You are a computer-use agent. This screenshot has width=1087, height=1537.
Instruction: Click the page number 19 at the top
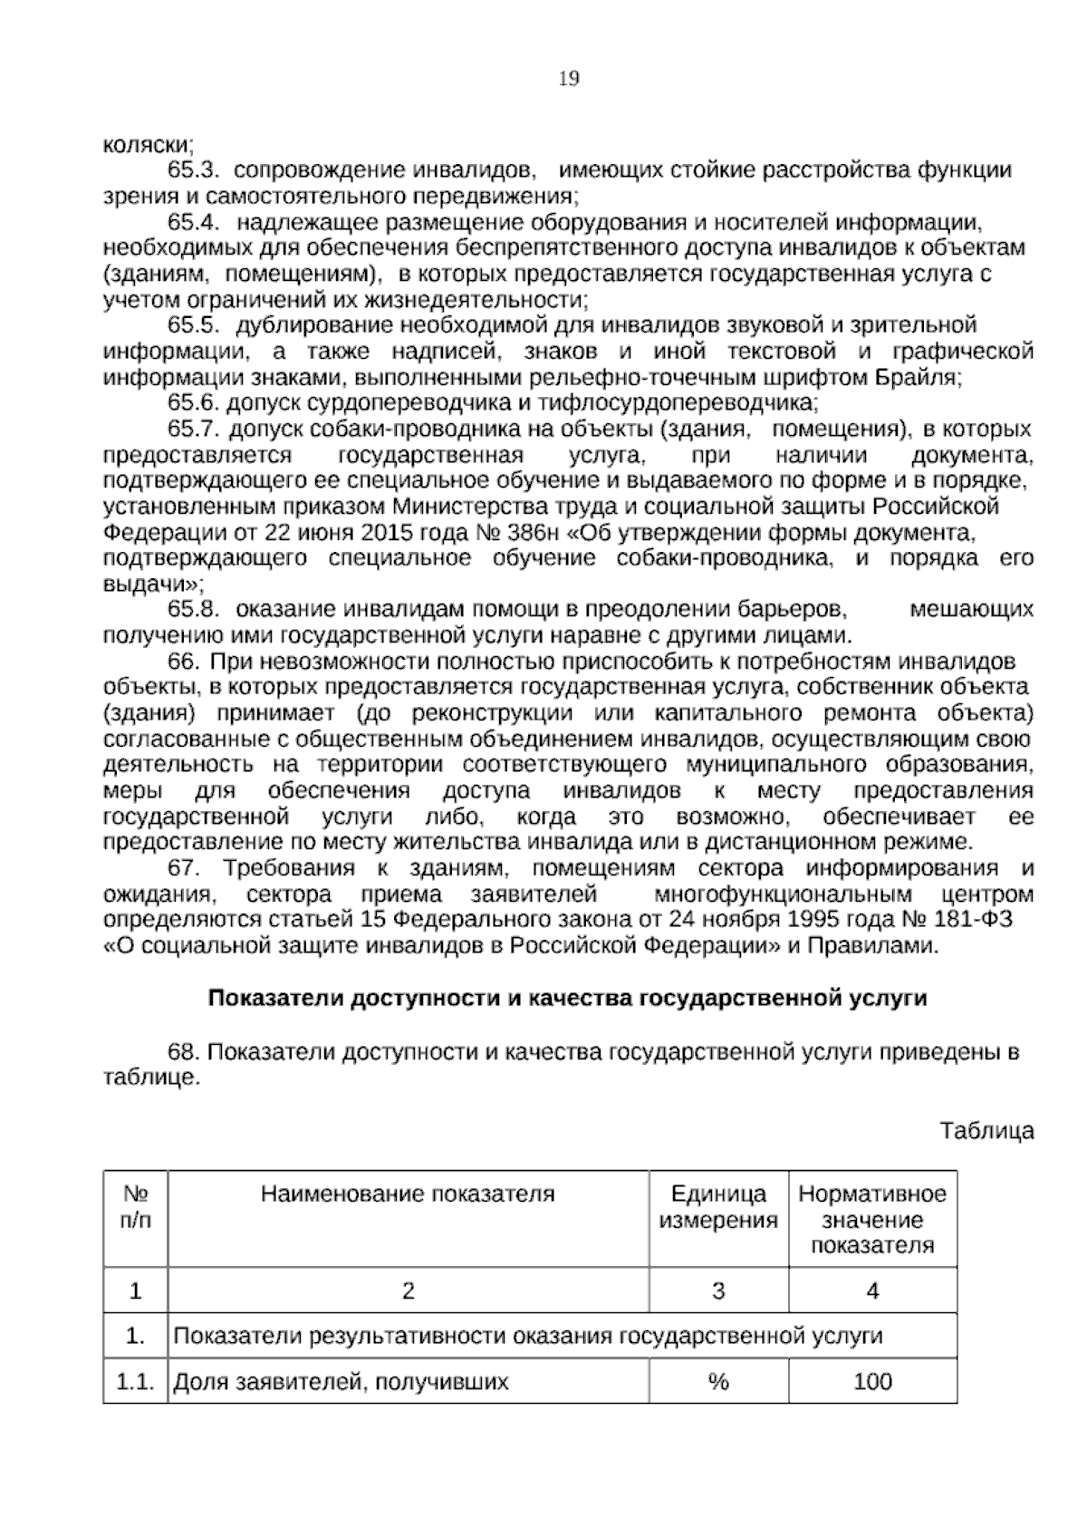click(x=569, y=79)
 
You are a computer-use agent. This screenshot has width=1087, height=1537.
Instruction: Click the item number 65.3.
click(x=195, y=170)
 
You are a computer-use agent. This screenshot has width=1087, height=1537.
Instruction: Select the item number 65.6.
click(x=195, y=402)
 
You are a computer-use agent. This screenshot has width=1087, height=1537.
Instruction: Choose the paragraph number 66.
click(x=184, y=662)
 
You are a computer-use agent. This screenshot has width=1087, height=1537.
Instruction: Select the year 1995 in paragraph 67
click(x=779, y=920)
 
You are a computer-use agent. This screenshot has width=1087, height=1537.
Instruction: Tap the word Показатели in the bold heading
click(x=274, y=999)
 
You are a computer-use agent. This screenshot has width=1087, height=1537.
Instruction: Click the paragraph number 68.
click(x=184, y=1052)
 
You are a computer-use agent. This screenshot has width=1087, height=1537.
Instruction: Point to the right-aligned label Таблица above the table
click(x=986, y=1131)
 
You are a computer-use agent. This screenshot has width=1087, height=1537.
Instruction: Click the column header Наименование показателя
click(x=408, y=1194)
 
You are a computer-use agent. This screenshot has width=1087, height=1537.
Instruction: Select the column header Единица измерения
click(x=718, y=1206)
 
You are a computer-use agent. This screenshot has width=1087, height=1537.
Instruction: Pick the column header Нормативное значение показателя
click(x=872, y=1219)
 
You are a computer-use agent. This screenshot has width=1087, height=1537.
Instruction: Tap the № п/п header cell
click(x=136, y=1206)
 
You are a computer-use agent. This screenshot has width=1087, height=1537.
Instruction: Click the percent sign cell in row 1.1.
click(x=718, y=1382)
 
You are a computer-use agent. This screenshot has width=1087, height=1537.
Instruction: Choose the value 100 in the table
click(x=872, y=1382)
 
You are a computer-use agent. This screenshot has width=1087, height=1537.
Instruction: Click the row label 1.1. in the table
click(x=136, y=1382)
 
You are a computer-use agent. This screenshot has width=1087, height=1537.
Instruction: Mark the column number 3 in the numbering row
click(x=718, y=1290)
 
